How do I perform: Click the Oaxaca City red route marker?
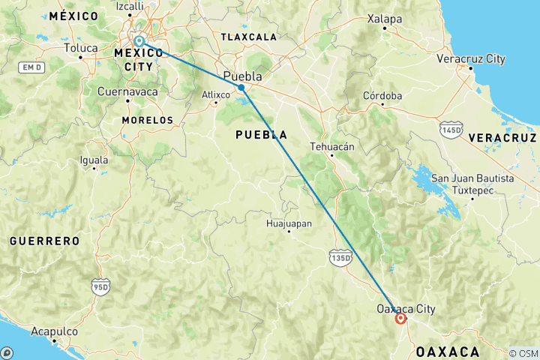pyautogui.click(x=401, y=318)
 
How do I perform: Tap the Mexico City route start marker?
pyautogui.click(x=139, y=41)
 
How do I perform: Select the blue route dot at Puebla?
pyautogui.click(x=241, y=88)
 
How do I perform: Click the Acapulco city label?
pyautogui.click(x=54, y=331)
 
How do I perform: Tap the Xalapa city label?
pyautogui.click(x=384, y=19)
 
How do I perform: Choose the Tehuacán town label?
pyautogui.click(x=331, y=147)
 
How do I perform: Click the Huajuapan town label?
pyautogui.click(x=289, y=223)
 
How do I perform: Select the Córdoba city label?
pyautogui.click(x=382, y=96)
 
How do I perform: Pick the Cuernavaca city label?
pyautogui.click(x=127, y=91)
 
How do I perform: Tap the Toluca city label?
pyautogui.click(x=81, y=49)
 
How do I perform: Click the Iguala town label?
pyautogui.click(x=94, y=160)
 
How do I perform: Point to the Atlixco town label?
pyautogui.click(x=215, y=94)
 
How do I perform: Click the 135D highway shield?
pyautogui.click(x=340, y=257)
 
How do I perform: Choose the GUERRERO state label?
pyautogui.click(x=44, y=241)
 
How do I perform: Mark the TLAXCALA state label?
pyautogui.click(x=248, y=36)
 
